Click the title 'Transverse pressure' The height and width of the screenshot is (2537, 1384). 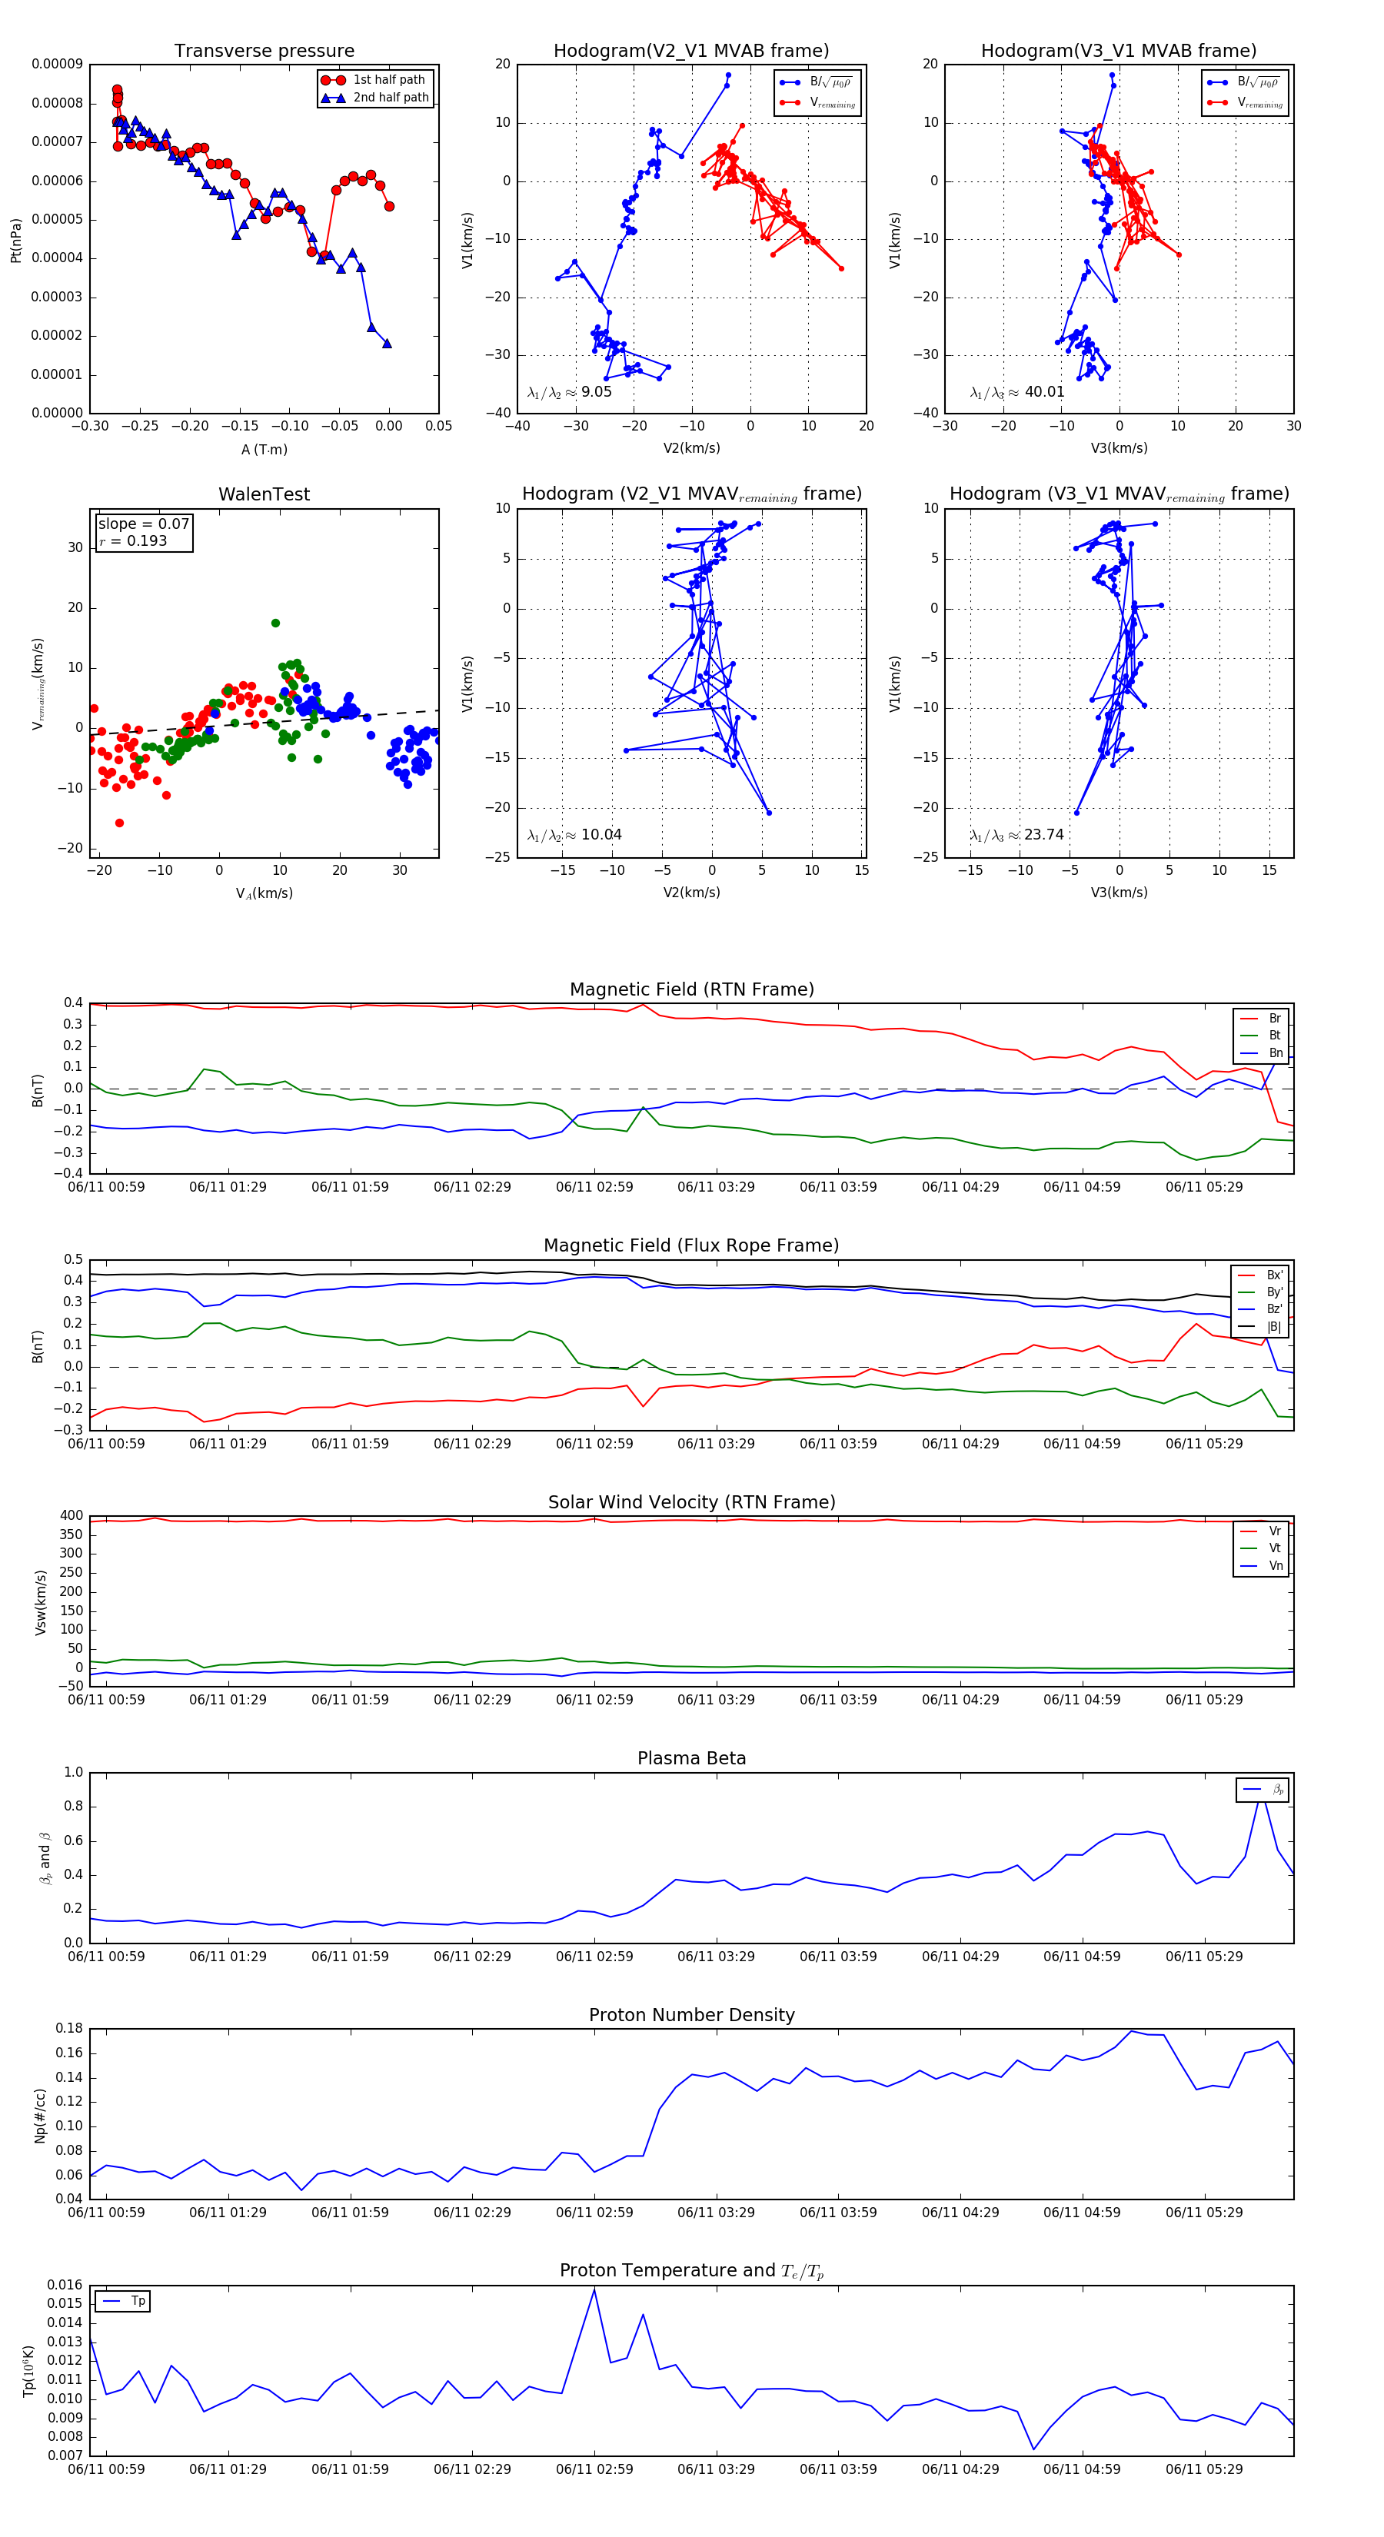pyautogui.click(x=264, y=52)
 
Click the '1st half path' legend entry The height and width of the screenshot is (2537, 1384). pyautogui.click(x=388, y=80)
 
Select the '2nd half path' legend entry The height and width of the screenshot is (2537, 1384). pyautogui.click(x=390, y=98)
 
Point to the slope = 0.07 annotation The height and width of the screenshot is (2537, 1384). pyautogui.click(x=143, y=524)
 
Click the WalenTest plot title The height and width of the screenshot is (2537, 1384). pyautogui.click(x=264, y=494)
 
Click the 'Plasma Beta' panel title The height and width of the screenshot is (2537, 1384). pyautogui.click(x=691, y=1758)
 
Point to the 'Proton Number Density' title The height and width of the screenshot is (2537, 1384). pyautogui.click(x=691, y=2015)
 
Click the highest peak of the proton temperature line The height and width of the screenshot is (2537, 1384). pyautogui.click(x=594, y=2289)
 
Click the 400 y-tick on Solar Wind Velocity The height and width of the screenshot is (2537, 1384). pyautogui.click(x=71, y=1516)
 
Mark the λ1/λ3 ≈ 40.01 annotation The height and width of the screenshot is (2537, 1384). pyautogui.click(x=1017, y=392)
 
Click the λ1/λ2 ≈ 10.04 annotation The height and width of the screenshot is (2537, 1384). pyautogui.click(x=574, y=835)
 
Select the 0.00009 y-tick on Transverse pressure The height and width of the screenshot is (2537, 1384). pyautogui.click(x=57, y=65)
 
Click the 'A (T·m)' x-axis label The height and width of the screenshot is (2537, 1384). pyautogui.click(x=264, y=450)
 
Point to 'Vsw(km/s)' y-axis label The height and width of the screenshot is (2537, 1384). pyautogui.click(x=41, y=1602)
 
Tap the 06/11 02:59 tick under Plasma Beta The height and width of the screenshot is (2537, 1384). pyautogui.click(x=594, y=1957)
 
